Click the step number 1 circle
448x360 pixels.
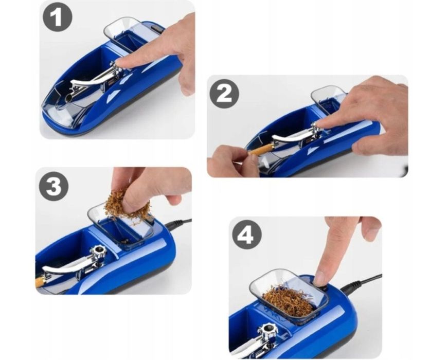[x=58, y=17]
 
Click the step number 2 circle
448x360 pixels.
[x=224, y=93]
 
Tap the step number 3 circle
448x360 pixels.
[x=54, y=186]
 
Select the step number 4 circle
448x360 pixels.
[x=247, y=235]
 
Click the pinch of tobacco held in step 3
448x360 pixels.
[x=126, y=204]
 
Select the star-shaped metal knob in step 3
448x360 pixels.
[x=98, y=252]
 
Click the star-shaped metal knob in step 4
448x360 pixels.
[x=267, y=331]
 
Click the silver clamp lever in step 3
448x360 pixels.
[x=68, y=266]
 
